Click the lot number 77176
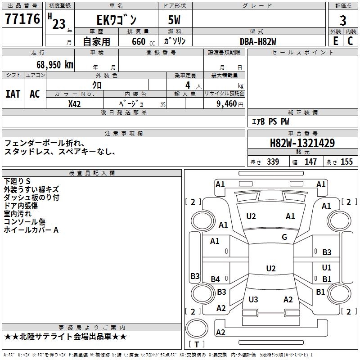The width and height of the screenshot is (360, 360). (x=22, y=18)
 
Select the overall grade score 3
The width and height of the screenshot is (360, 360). (x=343, y=21)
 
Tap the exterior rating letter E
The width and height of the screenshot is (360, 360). (x=335, y=41)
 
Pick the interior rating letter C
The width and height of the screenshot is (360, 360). (x=350, y=41)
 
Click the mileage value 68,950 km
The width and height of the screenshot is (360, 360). (x=55, y=65)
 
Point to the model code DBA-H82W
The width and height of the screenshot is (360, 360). (x=258, y=41)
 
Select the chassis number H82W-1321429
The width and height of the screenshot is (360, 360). (x=302, y=143)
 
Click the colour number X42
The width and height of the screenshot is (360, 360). (x=74, y=104)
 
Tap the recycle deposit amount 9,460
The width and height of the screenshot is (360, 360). (x=227, y=104)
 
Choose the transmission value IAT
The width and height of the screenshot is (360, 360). (x=13, y=94)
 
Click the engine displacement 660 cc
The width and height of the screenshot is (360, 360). (x=143, y=42)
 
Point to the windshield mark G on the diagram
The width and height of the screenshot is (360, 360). (x=284, y=237)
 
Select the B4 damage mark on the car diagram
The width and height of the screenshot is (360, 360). (x=215, y=279)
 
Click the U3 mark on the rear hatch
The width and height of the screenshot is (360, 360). (x=253, y=299)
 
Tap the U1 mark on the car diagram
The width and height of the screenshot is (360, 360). (x=327, y=267)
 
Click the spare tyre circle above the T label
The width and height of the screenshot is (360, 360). (x=197, y=328)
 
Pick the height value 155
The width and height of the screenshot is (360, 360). (x=346, y=162)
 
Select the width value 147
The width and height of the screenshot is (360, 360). (x=310, y=162)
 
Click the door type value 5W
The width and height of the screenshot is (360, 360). (x=174, y=20)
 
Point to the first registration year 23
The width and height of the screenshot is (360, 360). (x=59, y=24)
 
